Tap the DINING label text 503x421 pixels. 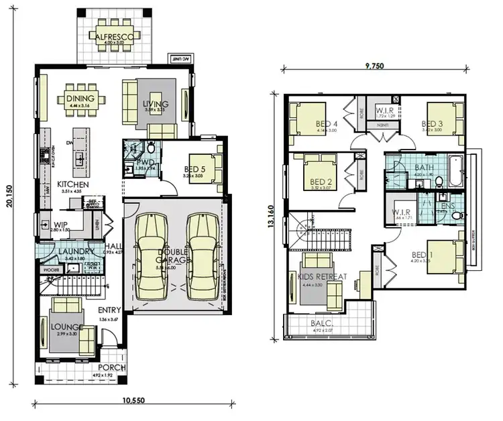click(80, 99)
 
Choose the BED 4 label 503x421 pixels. click(327, 123)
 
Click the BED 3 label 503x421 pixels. click(432, 123)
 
